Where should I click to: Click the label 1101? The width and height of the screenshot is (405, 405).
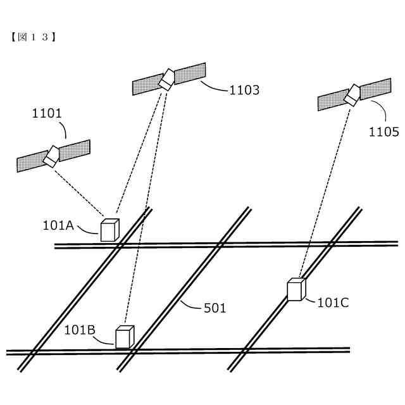[47, 114]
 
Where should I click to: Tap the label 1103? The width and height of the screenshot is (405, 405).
[244, 90]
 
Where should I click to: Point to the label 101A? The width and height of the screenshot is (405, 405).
[58, 225]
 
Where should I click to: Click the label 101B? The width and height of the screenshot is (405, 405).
[80, 330]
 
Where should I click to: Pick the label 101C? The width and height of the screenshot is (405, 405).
[333, 302]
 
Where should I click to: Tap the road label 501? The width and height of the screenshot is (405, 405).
[215, 308]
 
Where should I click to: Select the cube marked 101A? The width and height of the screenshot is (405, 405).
[109, 230]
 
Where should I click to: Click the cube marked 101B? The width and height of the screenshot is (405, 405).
[124, 337]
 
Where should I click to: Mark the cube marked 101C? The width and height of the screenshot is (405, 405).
[296, 289]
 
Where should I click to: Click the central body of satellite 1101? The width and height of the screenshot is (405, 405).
[51, 156]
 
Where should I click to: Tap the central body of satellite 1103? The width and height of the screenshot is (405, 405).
[168, 79]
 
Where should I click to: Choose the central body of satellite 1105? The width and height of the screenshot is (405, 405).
[352, 94]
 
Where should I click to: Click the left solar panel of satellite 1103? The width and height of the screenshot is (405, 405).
[146, 85]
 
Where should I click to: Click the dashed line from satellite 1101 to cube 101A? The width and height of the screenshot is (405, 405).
[79, 190]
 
